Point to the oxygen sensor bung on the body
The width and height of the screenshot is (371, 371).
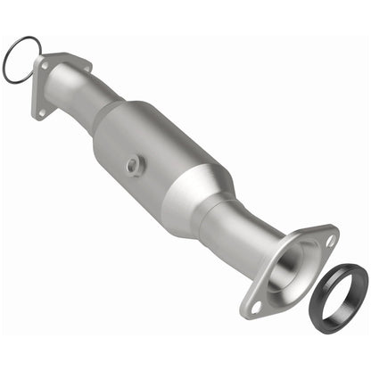(134, 164)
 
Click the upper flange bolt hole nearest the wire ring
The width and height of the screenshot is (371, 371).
(43, 63)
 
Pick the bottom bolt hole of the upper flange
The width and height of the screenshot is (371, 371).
(40, 112)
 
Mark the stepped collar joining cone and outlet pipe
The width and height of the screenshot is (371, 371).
(221, 214)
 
